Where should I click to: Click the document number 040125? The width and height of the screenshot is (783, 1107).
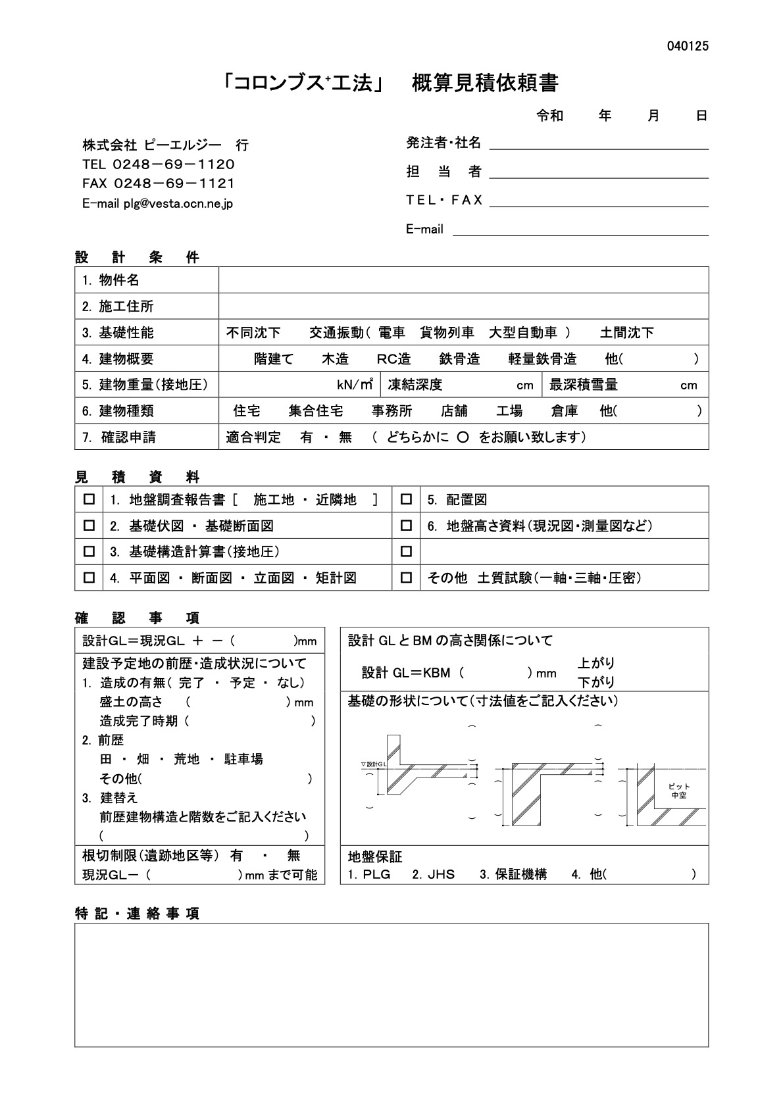click(x=688, y=46)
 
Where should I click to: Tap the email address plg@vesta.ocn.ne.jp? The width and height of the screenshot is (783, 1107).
click(x=178, y=204)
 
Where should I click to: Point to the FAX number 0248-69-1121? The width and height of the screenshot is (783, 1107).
click(x=174, y=184)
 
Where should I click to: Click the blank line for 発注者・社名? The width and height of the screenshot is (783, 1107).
click(x=599, y=143)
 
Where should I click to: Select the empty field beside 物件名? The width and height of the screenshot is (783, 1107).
click(x=463, y=280)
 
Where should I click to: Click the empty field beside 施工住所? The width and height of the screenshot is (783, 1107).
click(x=463, y=307)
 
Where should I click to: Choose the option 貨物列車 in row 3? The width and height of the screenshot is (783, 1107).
click(x=447, y=333)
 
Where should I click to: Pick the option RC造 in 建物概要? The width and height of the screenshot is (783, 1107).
click(x=393, y=359)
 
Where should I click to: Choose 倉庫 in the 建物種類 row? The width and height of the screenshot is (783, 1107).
click(x=564, y=411)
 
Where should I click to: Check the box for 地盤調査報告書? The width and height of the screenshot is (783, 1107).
click(x=89, y=500)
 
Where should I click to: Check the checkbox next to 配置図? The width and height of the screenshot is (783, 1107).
click(x=406, y=500)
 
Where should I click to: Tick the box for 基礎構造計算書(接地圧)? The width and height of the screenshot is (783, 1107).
click(x=89, y=552)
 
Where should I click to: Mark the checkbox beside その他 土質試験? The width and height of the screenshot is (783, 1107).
click(x=406, y=578)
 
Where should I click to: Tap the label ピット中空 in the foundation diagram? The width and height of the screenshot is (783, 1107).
click(x=678, y=791)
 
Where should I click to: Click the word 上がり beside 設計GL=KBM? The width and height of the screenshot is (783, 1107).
click(x=595, y=663)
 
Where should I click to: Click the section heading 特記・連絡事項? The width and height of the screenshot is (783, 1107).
click(x=138, y=914)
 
